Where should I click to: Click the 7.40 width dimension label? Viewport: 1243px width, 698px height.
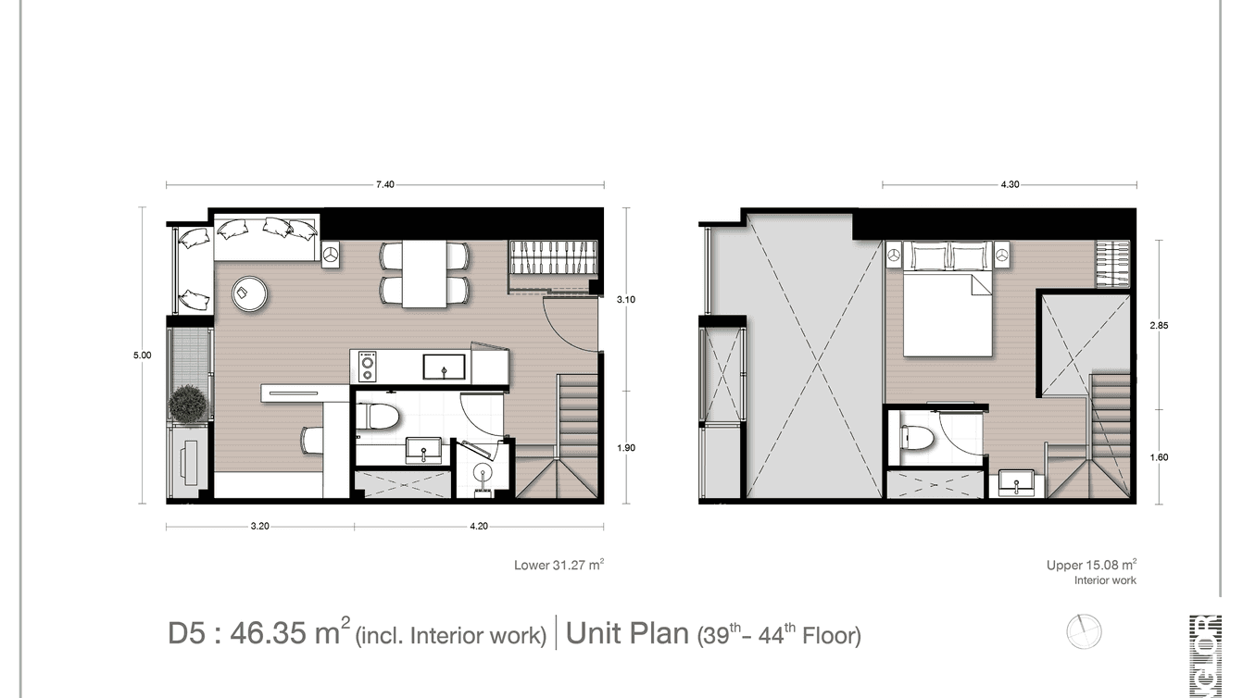pos(385,185)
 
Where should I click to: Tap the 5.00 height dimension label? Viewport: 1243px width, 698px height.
pos(142,355)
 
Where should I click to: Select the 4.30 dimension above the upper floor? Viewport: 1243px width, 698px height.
pos(1010,185)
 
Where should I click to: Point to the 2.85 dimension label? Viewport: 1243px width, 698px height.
pos(1160,326)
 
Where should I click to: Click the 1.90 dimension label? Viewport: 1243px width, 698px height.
pos(627,448)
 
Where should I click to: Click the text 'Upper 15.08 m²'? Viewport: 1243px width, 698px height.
pos(1091,565)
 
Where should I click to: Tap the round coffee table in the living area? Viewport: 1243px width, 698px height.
pos(250,293)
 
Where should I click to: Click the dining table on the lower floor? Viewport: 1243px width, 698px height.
pos(424,274)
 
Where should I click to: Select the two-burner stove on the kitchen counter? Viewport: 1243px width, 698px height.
pos(367,367)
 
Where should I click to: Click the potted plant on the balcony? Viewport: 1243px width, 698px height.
pos(189,405)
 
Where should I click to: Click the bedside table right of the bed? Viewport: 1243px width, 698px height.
pos(1001,254)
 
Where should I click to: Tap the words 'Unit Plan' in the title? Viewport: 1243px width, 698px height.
pos(627,634)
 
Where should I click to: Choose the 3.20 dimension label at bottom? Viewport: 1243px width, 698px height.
pos(259,527)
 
